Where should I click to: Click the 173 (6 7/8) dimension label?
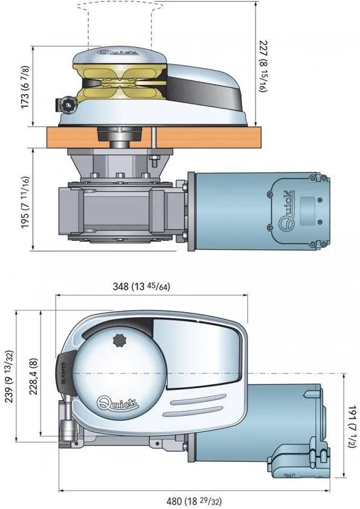[25, 87]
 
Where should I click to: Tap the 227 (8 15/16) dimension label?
[263, 66]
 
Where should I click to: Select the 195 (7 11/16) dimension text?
[25, 202]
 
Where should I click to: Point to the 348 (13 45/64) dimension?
[141, 286]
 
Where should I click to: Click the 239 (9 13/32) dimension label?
[10, 376]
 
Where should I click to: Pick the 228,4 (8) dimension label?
[33, 376]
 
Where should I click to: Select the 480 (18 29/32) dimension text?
[194, 501]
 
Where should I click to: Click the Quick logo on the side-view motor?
[287, 208]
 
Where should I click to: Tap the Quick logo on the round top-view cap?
[117, 403]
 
